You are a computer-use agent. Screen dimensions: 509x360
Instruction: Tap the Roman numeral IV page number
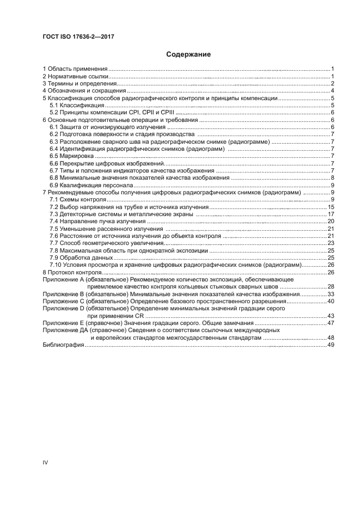pyautogui.click(x=46, y=462)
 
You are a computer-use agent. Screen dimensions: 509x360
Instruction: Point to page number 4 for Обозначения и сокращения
pyautogui.click(x=332, y=91)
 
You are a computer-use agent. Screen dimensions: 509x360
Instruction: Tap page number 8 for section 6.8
pyautogui.click(x=332, y=177)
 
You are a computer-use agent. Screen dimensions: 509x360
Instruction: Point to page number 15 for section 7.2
pyautogui.click(x=330, y=207)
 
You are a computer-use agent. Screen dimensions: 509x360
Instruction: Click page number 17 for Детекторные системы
pyautogui.click(x=330, y=214)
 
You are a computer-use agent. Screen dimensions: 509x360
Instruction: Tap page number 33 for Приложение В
pyautogui.click(x=330, y=293)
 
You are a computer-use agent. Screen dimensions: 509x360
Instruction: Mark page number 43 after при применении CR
pyautogui.click(x=330, y=315)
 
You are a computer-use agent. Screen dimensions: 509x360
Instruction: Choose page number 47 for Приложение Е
pyautogui.click(x=330, y=323)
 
